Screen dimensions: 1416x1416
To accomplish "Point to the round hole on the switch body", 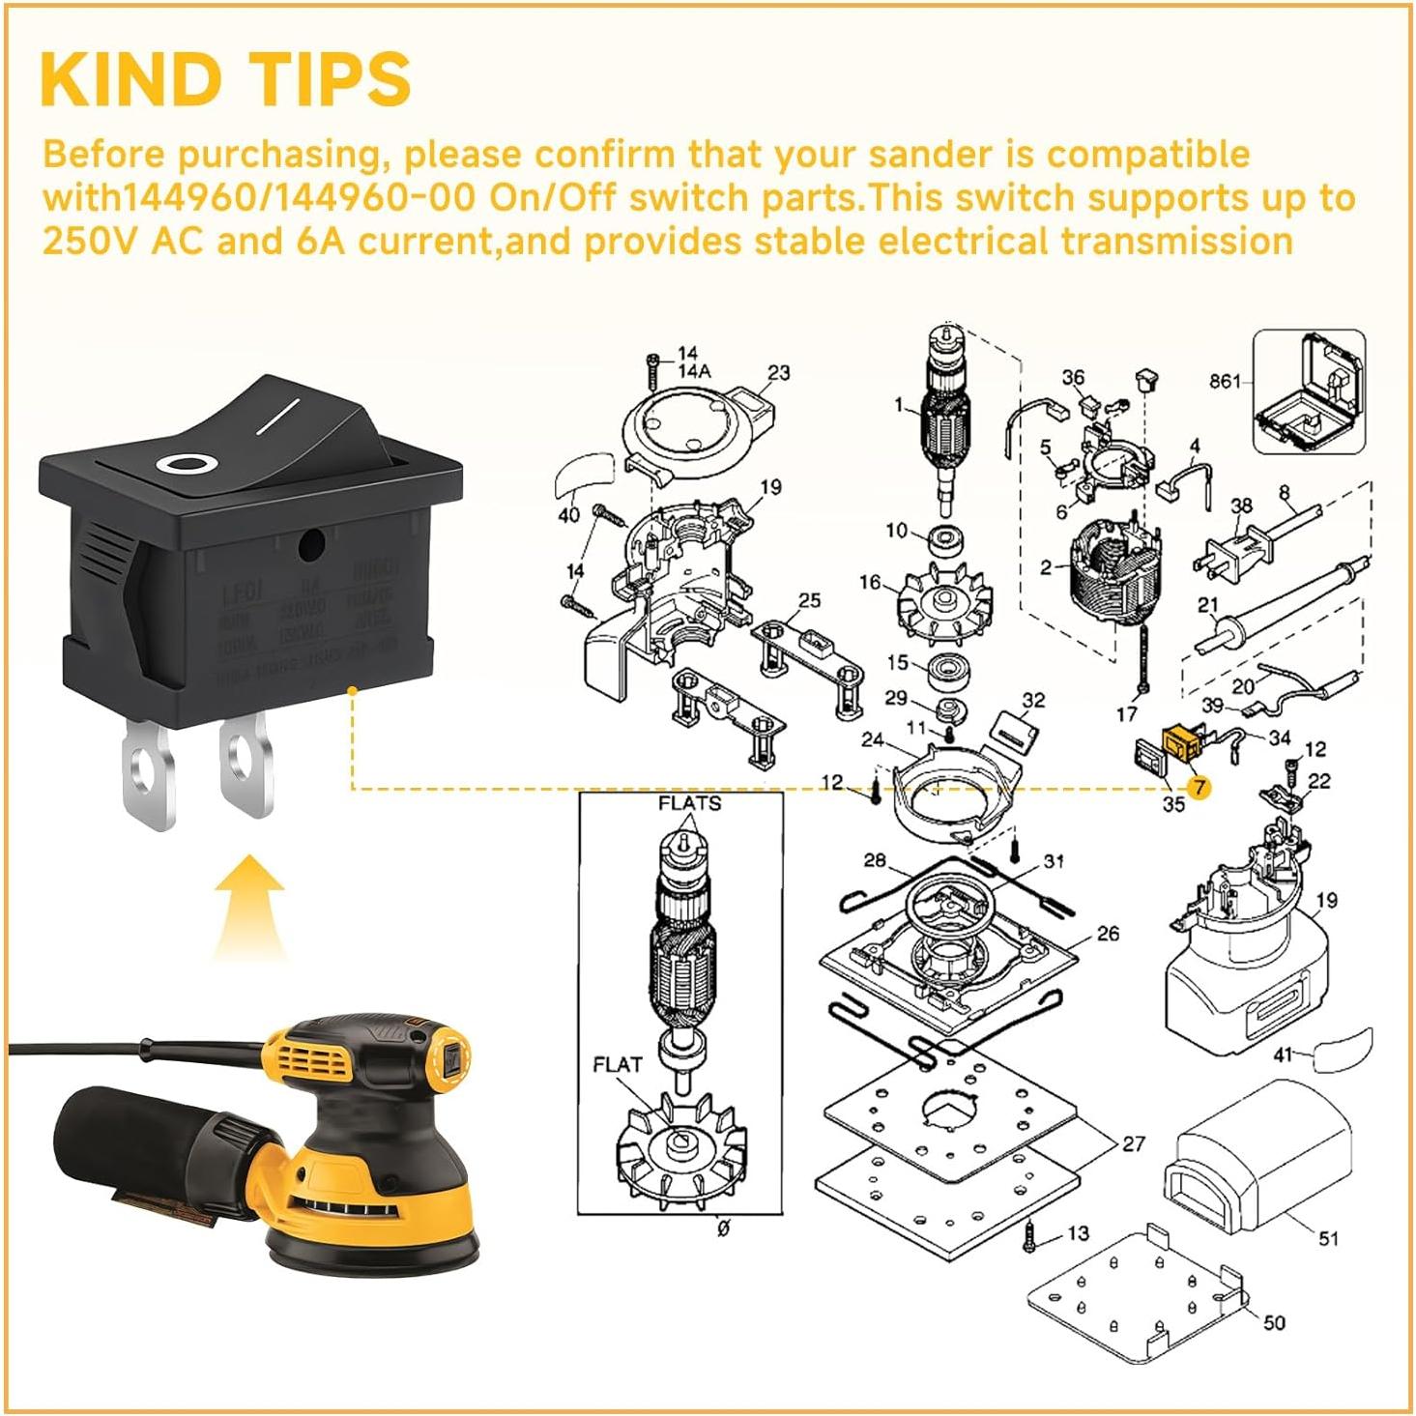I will (310, 546).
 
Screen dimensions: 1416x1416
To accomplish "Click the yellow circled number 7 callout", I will (1199, 788).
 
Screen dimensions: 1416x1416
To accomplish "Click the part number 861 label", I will (1225, 382).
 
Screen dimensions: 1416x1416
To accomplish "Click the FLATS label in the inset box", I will (689, 803).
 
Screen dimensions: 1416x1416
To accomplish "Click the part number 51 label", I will (1328, 1238).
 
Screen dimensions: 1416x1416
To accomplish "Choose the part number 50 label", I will (1274, 1321).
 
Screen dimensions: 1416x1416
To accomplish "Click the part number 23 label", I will (778, 372).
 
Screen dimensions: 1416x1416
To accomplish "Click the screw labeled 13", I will (1030, 1237).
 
